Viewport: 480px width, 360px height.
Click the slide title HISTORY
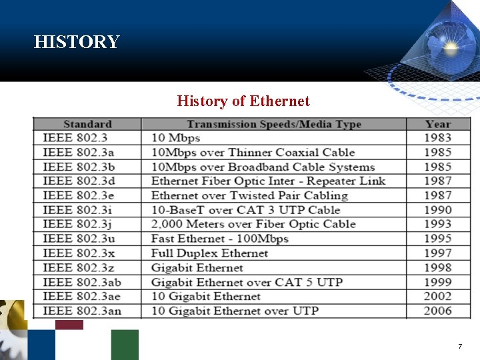pos(77,42)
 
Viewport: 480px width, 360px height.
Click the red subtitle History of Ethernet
pos(243,101)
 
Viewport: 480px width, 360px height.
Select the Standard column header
pos(87,124)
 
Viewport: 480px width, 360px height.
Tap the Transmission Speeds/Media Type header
pos(273,124)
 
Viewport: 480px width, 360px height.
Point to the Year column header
pos(437,124)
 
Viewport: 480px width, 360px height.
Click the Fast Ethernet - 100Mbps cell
pos(219,239)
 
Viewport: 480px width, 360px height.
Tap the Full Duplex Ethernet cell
pos(209,253)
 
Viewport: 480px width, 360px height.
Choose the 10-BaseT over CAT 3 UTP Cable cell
pos(245,210)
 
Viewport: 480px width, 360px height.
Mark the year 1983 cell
pos(437,138)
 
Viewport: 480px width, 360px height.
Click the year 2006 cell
pos(437,311)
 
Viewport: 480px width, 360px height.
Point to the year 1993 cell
pos(437,224)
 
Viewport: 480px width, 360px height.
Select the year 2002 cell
pos(437,296)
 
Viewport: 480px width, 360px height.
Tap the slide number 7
pos(459,347)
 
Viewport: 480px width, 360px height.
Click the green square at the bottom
pos(125,345)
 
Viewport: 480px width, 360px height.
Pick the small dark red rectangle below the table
pos(69,325)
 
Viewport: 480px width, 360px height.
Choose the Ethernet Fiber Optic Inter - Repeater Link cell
pos(268,181)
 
